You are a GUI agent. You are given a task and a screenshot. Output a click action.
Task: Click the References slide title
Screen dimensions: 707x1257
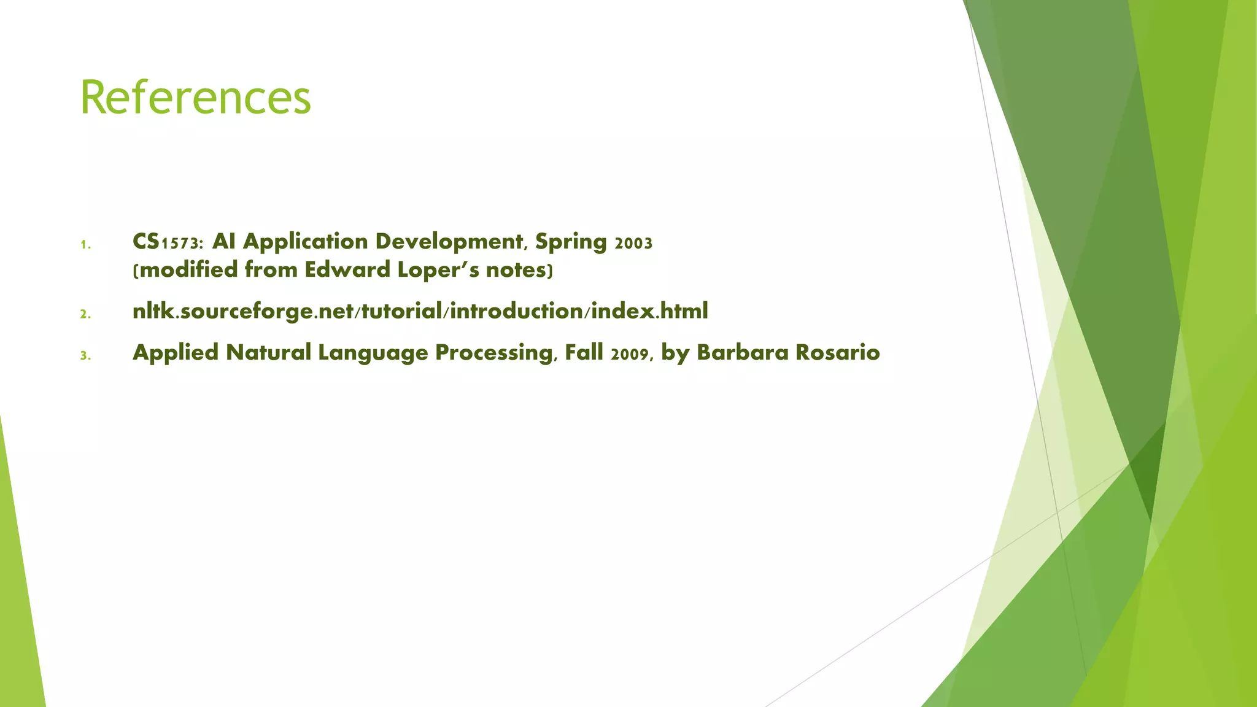[x=195, y=98]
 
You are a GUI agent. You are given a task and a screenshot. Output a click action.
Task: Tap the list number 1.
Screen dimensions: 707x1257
[x=85, y=245]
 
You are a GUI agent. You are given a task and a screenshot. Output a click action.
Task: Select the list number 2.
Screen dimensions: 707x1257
[x=85, y=314]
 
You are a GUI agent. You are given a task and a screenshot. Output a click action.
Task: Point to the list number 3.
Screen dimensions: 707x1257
[x=85, y=355]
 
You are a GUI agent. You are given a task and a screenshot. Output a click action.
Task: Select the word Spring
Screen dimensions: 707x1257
[x=571, y=242]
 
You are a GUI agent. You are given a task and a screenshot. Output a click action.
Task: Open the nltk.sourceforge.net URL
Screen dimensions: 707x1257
[x=420, y=311]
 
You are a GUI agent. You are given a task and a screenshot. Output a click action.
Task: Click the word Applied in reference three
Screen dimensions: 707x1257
[x=176, y=352]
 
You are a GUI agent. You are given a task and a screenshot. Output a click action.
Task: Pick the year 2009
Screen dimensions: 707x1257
[x=630, y=353]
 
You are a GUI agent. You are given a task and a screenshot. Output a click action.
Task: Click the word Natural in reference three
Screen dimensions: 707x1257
[x=269, y=352]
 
